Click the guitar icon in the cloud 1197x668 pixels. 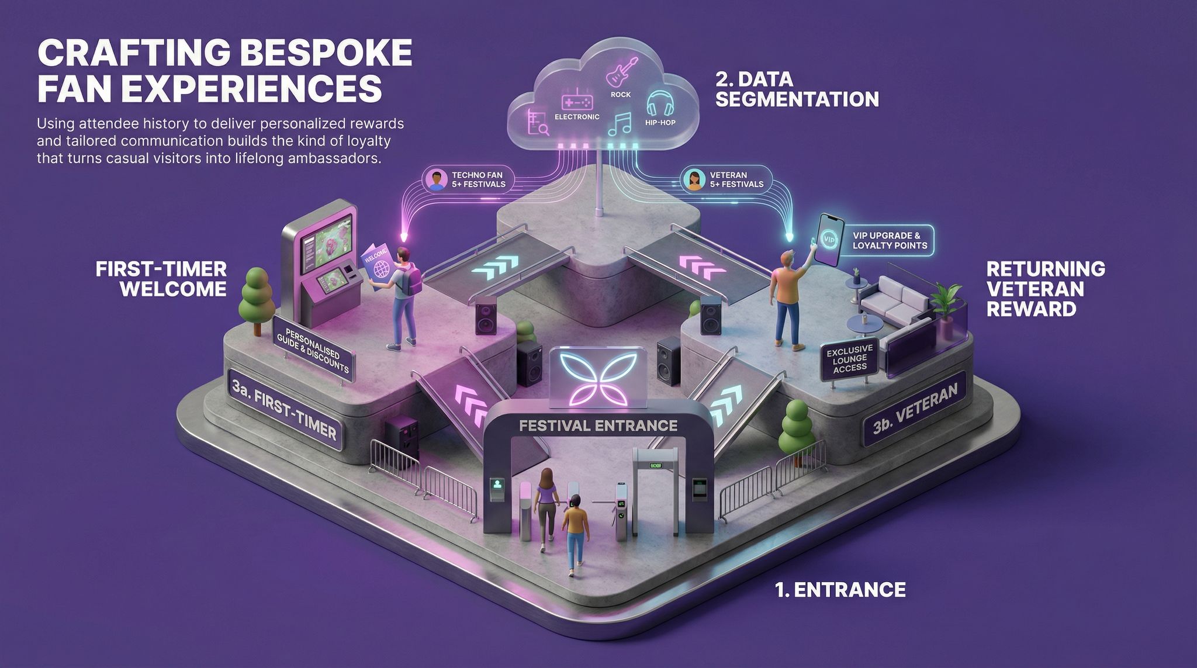tap(621, 71)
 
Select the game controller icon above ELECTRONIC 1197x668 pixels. tap(577, 102)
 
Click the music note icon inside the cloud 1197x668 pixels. tap(620, 124)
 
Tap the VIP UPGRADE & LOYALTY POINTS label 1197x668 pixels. tap(890, 240)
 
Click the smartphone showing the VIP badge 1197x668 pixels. tap(831, 239)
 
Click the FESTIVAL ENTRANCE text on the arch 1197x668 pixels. tap(598, 425)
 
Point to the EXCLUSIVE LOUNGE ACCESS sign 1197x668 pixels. tap(850, 358)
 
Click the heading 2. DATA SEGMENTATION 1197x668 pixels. tap(797, 89)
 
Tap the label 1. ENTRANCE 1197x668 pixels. tap(840, 589)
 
